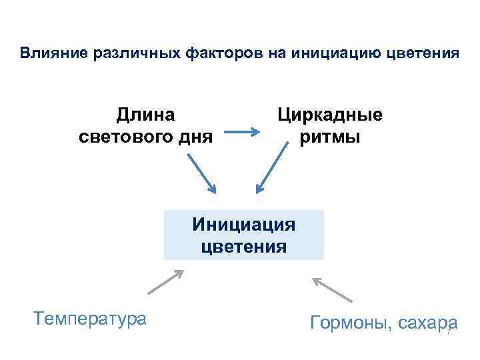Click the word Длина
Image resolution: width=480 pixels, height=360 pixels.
point(146,115)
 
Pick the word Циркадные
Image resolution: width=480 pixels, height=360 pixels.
point(331,115)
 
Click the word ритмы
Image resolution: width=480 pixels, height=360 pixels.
point(331,137)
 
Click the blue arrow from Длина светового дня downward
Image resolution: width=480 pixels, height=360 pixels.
point(201,173)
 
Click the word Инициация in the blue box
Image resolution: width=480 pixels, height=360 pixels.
point(244,223)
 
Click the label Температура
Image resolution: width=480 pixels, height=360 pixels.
point(89,318)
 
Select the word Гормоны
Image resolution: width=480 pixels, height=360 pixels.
point(350,323)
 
